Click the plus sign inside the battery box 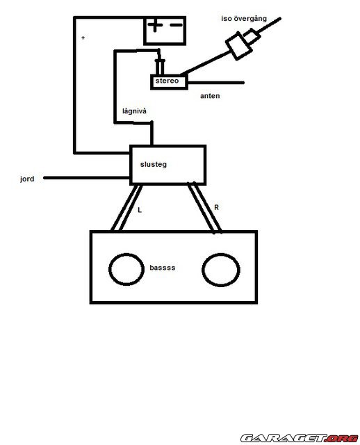(x=155, y=25)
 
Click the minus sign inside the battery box (x=176, y=25)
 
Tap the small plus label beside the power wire (x=83, y=38)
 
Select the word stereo (x=167, y=81)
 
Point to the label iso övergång (x=244, y=19)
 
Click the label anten (x=210, y=96)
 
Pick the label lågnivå (x=134, y=111)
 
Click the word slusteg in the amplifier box (x=154, y=164)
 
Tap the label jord (x=27, y=179)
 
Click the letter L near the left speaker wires (x=139, y=210)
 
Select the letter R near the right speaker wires (x=216, y=208)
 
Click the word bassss (x=162, y=268)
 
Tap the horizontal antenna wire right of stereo (x=215, y=83)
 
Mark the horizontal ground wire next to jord (x=86, y=178)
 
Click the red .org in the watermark (x=342, y=438)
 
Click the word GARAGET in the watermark (x=284, y=438)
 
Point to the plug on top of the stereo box (x=160, y=67)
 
